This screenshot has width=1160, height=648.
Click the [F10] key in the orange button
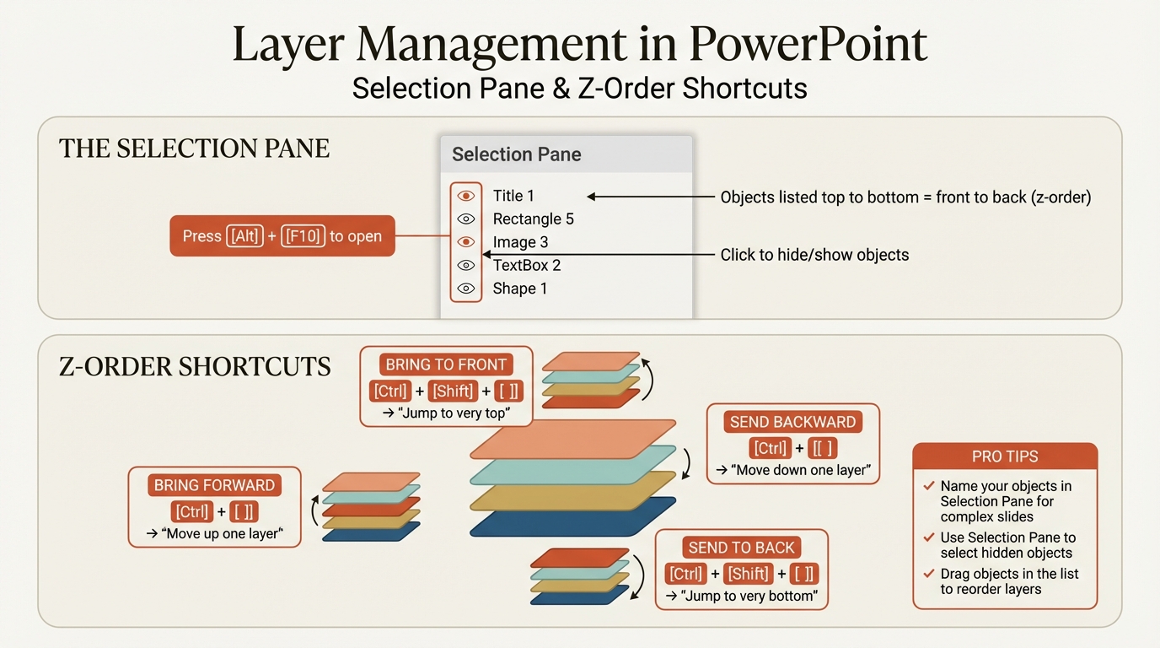(x=303, y=236)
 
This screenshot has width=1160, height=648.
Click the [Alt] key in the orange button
(x=245, y=236)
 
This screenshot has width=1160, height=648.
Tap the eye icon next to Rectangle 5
(x=465, y=219)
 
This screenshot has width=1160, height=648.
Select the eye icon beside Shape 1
(x=465, y=289)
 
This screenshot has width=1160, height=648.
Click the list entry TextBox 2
(x=527, y=265)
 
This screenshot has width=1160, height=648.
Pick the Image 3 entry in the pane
(x=520, y=242)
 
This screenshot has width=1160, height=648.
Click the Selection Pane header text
(x=516, y=154)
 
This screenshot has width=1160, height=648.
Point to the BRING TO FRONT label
(x=446, y=364)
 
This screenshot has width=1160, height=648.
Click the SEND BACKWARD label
(x=792, y=422)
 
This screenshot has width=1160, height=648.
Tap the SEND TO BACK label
(x=741, y=548)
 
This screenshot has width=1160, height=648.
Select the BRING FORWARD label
(x=214, y=485)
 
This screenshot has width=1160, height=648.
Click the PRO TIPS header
(x=1005, y=456)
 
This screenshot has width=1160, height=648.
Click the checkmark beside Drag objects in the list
(x=929, y=574)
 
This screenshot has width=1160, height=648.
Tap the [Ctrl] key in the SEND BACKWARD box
(x=770, y=448)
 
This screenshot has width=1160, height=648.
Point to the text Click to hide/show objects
(x=814, y=255)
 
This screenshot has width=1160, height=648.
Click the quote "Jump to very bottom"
(x=742, y=596)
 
